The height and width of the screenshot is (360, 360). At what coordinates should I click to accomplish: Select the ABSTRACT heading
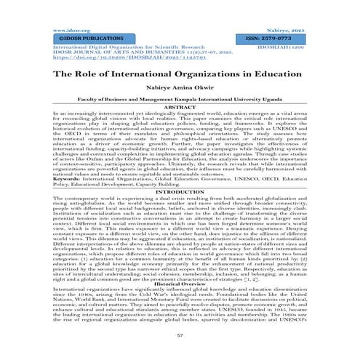tap(180, 108)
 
